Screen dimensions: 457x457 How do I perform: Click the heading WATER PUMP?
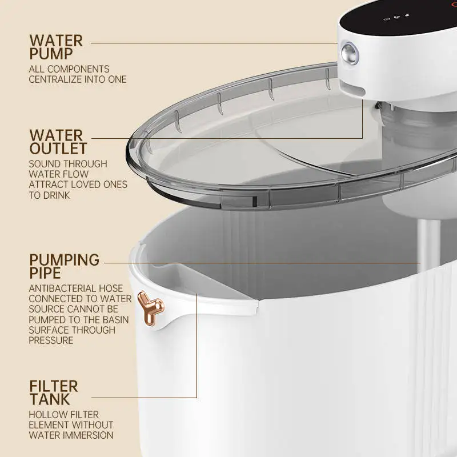coord(56,47)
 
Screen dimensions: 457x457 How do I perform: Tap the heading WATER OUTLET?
coord(58,142)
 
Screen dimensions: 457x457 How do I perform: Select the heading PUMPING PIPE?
coord(64,266)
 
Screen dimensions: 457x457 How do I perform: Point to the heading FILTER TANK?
coord(53,392)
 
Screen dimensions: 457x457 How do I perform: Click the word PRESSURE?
coord(51,340)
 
